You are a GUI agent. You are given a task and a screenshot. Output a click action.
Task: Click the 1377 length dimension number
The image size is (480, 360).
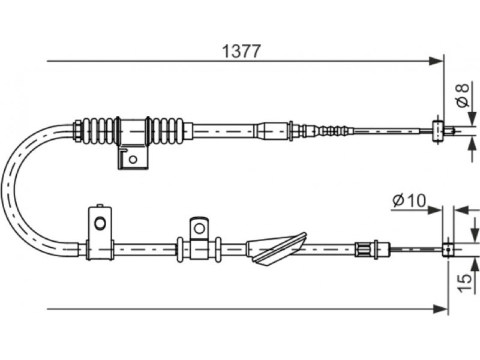coord(242,51)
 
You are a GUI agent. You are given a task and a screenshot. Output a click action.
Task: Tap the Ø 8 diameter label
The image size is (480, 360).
coord(463,95)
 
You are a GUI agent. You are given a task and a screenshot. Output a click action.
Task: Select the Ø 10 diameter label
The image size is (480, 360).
coord(409,201)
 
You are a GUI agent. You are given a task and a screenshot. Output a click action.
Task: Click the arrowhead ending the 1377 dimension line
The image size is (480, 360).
coord(436,61)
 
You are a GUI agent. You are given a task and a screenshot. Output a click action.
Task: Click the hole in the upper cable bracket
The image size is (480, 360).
coord(133,159)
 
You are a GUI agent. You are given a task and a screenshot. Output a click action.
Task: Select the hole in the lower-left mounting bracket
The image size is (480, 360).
coord(100,223)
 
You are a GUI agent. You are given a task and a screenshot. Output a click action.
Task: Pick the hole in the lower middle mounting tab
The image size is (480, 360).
coord(200,228)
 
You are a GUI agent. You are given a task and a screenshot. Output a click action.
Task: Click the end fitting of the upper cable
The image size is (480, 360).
coord(438,131)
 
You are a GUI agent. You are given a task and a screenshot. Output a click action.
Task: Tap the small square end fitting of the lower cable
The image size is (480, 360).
coord(448,250)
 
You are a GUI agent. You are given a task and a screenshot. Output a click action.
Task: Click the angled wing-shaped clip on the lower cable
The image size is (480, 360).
coord(276,248)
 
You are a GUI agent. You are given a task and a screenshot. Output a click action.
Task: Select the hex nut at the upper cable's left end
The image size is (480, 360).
coord(78,131)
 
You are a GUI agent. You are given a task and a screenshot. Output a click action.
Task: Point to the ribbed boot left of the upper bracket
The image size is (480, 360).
coord(98,131)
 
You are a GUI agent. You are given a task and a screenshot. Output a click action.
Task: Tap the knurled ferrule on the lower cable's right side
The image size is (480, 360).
coord(364,249)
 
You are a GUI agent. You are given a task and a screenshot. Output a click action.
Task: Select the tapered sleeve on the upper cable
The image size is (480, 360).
coord(272,131)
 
